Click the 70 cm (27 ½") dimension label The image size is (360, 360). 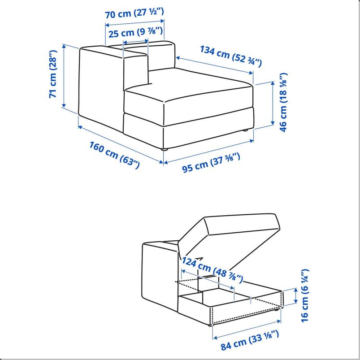[134, 13]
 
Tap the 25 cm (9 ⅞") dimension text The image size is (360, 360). [136, 33]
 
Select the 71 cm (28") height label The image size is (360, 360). [53, 74]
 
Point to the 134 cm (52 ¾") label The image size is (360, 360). [230, 56]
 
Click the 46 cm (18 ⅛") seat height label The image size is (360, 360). [283, 102]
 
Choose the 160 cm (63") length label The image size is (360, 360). [114, 155]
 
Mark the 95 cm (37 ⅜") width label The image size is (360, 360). [211, 162]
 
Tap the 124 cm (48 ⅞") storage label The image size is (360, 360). [212, 270]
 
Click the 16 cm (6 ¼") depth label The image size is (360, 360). [305, 295]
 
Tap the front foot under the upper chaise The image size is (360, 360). [165, 149]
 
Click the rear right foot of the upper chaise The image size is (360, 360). [245, 130]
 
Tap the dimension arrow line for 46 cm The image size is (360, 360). [273, 103]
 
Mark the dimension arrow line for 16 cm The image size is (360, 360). [296, 295]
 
